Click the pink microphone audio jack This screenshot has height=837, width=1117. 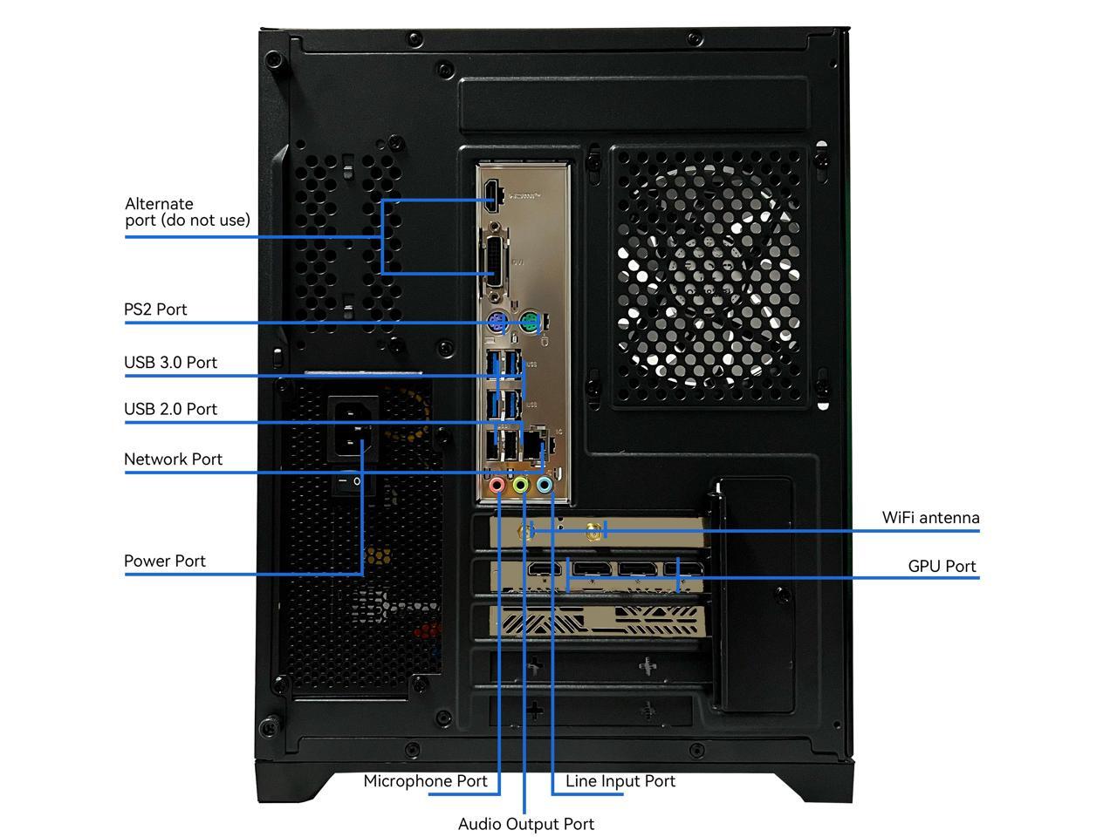(x=497, y=484)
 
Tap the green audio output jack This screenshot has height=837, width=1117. (x=521, y=484)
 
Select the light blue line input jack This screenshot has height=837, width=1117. (x=545, y=484)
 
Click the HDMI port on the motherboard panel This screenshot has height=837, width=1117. (x=493, y=197)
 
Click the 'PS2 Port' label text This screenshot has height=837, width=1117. (x=155, y=310)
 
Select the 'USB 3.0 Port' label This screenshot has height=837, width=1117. (x=170, y=363)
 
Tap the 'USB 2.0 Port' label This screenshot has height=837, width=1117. (x=170, y=409)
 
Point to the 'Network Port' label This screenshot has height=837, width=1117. (x=173, y=459)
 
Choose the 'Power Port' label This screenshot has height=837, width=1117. (x=165, y=561)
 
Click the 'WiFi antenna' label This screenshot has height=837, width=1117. (x=930, y=518)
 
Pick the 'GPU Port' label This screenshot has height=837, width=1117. (x=942, y=567)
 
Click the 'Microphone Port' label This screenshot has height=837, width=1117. (x=425, y=781)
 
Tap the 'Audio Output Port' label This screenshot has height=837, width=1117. (x=526, y=824)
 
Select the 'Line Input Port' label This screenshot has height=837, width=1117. (x=620, y=781)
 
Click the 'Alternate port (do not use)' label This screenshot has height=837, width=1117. (x=187, y=212)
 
